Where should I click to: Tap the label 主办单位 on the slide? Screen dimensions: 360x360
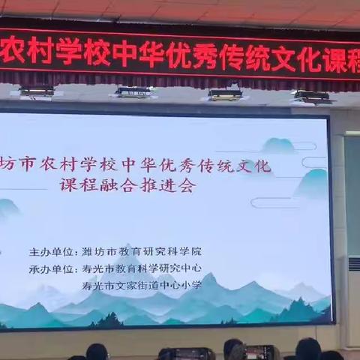52,251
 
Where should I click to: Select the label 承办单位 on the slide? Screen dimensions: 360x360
52,268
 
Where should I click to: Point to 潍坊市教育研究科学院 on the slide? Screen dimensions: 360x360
142,251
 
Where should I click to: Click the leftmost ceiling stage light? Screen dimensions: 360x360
37,91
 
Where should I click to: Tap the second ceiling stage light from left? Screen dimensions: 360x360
133,91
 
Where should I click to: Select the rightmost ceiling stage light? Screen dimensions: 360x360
312,97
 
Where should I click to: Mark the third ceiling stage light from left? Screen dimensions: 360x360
225,94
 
